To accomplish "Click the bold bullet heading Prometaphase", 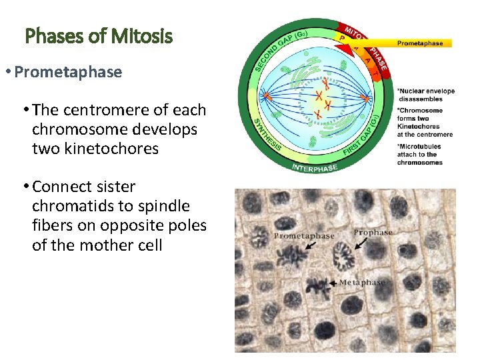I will point(68,72).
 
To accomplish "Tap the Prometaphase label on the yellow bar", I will point(419,43).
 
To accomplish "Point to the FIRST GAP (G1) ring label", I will point(363,137).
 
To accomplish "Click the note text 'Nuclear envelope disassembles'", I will point(425,95).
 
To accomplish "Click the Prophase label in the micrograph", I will point(373,233).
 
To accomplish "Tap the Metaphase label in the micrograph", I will point(362,283).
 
